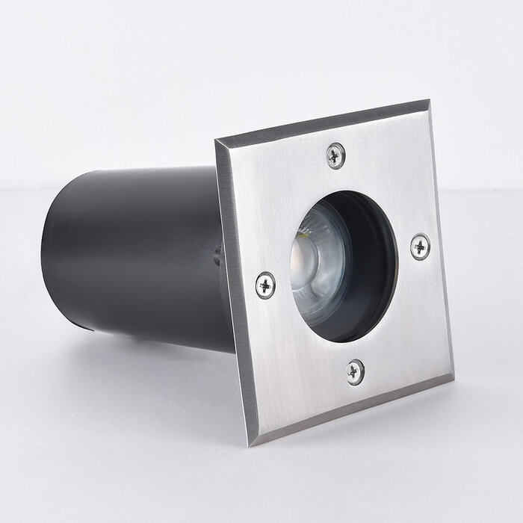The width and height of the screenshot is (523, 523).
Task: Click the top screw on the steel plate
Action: pyautogui.click(x=336, y=155)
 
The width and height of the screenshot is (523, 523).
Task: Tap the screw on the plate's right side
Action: pyautogui.click(x=420, y=247)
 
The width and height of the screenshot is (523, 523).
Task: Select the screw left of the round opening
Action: pyautogui.click(x=265, y=285)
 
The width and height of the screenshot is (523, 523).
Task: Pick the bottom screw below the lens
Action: pyautogui.click(x=355, y=371)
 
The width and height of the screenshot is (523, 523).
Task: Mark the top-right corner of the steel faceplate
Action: pyautogui.click(x=428, y=102)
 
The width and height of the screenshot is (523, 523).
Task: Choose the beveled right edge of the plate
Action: pyautogui.click(x=442, y=239)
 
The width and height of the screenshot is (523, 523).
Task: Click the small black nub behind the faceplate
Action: pyautogui.click(x=217, y=256)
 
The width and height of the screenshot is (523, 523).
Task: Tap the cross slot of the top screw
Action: pyautogui.click(x=336, y=155)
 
